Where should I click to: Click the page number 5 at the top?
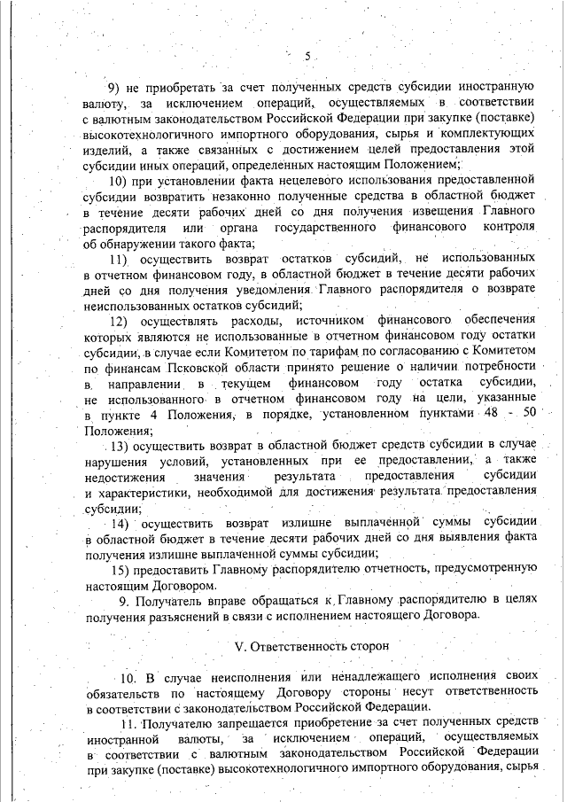pyautogui.click(x=307, y=58)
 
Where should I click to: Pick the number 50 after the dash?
pyautogui.click(x=530, y=415)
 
